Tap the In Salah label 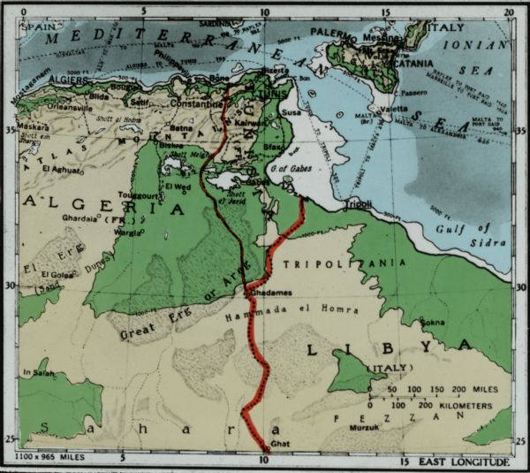[x=39, y=372]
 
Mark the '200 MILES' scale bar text [x=474, y=389]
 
